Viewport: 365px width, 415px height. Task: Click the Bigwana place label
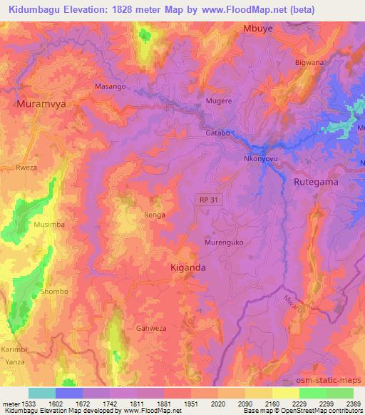point(309,63)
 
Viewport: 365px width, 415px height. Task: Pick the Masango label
point(110,86)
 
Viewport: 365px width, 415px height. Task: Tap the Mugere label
point(219,102)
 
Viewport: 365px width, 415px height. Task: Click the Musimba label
point(48,224)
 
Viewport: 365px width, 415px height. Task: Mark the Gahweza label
point(150,329)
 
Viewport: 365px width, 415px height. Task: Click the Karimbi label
point(14,350)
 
